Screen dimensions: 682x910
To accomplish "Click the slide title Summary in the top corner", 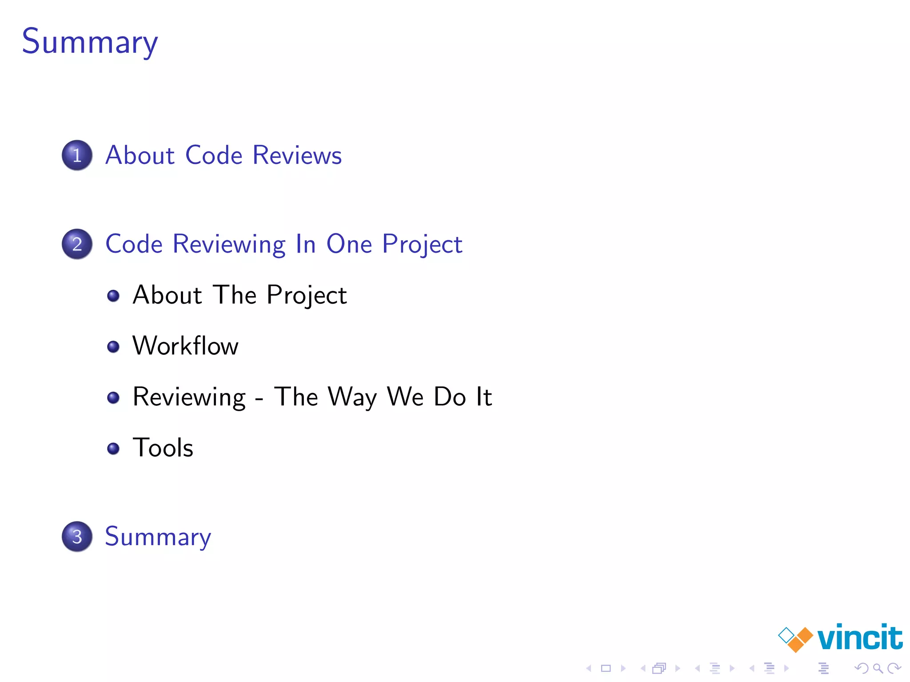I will (x=90, y=41).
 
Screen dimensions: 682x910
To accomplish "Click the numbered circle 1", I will (x=77, y=155).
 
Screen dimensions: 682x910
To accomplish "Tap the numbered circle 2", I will (x=77, y=244).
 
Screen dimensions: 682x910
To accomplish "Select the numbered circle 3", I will (x=77, y=536).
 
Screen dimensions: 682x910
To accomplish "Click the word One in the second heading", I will (x=349, y=244).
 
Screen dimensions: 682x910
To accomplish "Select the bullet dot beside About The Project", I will (x=113, y=295).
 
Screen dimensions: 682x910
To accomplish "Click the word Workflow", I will (x=185, y=346).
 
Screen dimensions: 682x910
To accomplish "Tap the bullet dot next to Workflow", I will (x=113, y=346).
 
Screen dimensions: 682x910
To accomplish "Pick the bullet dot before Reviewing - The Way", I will (x=113, y=397).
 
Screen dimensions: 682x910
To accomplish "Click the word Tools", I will (x=163, y=448).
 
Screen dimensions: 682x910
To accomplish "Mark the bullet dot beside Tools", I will (x=113, y=448).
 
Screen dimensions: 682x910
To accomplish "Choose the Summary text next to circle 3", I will (x=158, y=536).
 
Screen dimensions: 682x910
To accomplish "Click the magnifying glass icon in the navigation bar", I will (x=878, y=668).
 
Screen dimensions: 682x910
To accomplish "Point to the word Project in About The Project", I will (x=307, y=295).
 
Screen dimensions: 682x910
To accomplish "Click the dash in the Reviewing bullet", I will (x=259, y=398).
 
